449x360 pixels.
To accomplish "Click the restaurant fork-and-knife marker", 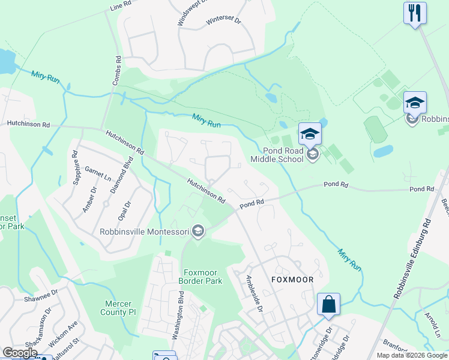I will [415, 13].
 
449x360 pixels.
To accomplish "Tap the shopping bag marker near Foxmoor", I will [329, 304].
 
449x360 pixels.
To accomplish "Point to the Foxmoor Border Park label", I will [200, 275].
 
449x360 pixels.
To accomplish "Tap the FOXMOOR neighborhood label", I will [292, 280].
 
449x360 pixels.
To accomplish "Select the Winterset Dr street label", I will [223, 20].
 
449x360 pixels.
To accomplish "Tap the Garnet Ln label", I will [98, 175].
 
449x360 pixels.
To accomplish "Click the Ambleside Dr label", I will [255, 294].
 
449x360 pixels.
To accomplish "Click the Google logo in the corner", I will [20, 353].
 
